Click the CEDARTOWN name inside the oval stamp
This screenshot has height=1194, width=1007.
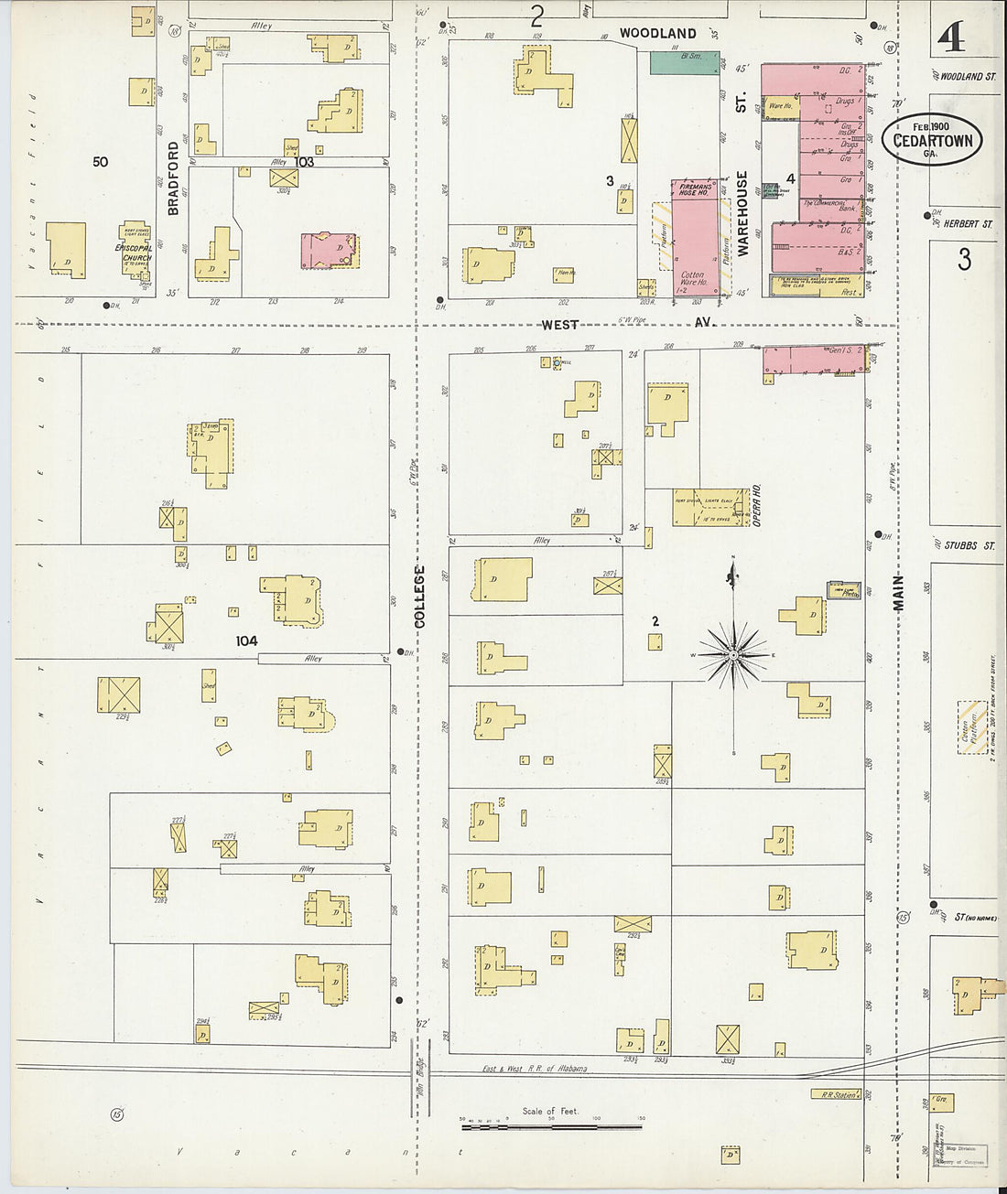(x=932, y=141)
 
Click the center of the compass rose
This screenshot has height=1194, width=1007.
(x=733, y=655)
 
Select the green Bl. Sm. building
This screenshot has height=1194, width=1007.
(x=685, y=63)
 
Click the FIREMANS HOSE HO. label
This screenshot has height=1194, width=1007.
(x=694, y=190)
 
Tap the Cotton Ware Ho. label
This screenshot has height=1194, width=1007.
(x=693, y=278)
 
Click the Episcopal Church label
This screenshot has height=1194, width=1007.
(x=134, y=253)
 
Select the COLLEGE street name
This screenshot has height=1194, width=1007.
(x=420, y=597)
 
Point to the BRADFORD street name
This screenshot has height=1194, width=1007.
(x=173, y=177)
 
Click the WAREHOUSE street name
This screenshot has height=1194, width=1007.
(x=742, y=213)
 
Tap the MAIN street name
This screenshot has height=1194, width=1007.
(x=898, y=593)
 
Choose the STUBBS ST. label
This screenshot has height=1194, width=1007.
(x=969, y=546)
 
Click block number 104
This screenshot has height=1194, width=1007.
(x=246, y=641)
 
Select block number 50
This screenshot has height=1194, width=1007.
(x=100, y=162)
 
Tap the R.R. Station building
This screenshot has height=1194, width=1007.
(x=837, y=1094)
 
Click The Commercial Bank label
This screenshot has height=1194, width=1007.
(x=830, y=205)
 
